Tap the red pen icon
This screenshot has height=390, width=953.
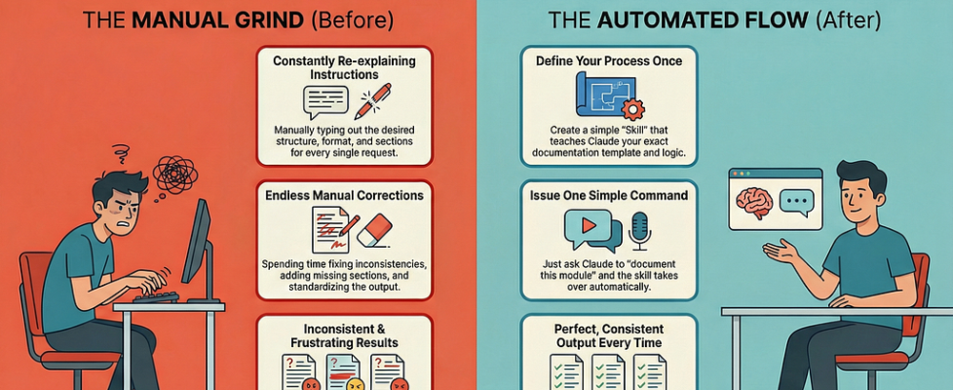coord(372,100)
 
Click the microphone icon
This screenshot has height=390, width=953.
coord(639,230)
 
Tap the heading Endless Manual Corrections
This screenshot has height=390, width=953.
coord(344,195)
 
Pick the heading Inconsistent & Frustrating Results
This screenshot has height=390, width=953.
coord(344,336)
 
